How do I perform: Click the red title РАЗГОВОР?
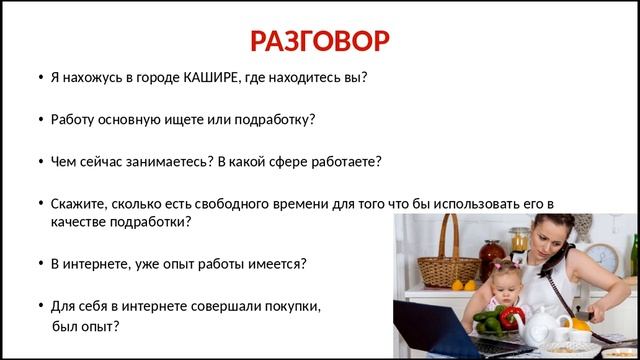click(319, 41)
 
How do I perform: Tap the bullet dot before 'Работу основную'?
click(39, 119)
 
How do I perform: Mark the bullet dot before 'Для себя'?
click(39, 305)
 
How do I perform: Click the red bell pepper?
click(512, 318)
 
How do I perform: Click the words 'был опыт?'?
click(85, 326)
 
